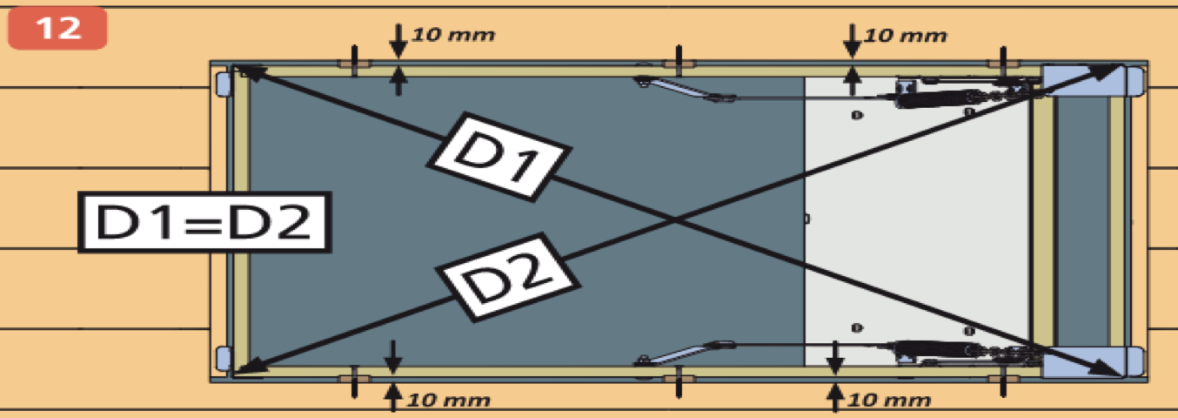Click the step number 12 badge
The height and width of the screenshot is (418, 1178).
click(x=57, y=28)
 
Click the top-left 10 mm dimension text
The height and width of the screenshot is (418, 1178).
click(x=453, y=36)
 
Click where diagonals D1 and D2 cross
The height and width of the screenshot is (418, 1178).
click(x=676, y=221)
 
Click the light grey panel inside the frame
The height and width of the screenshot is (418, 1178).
click(x=914, y=218)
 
